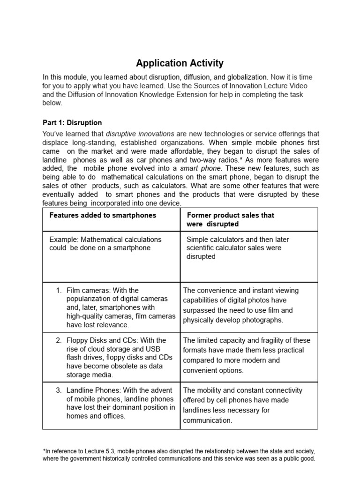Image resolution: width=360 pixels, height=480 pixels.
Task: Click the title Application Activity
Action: pyautogui.click(x=180, y=63)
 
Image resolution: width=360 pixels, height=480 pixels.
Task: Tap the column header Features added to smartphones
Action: pyautogui.click(x=103, y=215)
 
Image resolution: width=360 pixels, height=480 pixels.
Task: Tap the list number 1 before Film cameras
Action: pyautogui.click(x=59, y=291)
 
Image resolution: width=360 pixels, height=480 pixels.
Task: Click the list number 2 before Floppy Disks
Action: pyautogui.click(x=59, y=340)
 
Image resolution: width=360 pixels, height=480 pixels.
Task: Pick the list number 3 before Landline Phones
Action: pyautogui.click(x=59, y=390)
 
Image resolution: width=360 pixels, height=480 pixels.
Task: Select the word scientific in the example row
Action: pyautogui.click(x=203, y=248)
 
